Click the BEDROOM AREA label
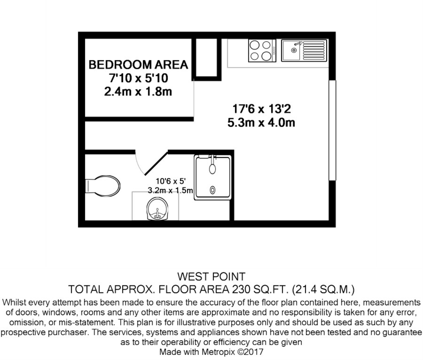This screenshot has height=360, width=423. (138, 65)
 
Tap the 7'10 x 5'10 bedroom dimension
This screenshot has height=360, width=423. (138, 78)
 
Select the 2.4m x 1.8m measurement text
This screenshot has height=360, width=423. (138, 92)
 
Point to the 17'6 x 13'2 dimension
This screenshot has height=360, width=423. (262, 109)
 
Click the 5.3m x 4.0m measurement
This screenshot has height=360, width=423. (262, 123)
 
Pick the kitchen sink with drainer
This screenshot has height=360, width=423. (304, 50)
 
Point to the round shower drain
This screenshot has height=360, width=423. (213, 190)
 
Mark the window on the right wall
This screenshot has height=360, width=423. (332, 130)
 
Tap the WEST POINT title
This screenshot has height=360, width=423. (211, 276)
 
